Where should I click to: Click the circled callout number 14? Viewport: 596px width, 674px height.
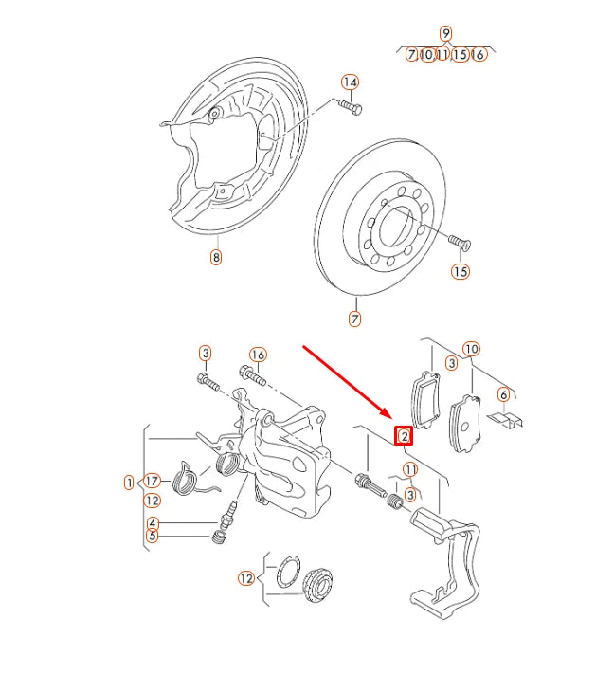[x=351, y=82]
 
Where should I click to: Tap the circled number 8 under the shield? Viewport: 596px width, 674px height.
[x=216, y=257]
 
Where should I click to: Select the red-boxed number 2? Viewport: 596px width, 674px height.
[x=405, y=436]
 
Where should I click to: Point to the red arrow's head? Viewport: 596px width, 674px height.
[x=388, y=417]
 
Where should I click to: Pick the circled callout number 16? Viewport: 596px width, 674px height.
[x=257, y=355]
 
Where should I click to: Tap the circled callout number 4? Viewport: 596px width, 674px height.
[x=153, y=523]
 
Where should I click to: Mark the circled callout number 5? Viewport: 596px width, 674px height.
[x=153, y=537]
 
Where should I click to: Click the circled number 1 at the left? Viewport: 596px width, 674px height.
[x=129, y=483]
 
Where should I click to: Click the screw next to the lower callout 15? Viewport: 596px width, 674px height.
[x=459, y=244]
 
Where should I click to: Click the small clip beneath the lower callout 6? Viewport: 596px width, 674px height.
[x=505, y=419]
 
